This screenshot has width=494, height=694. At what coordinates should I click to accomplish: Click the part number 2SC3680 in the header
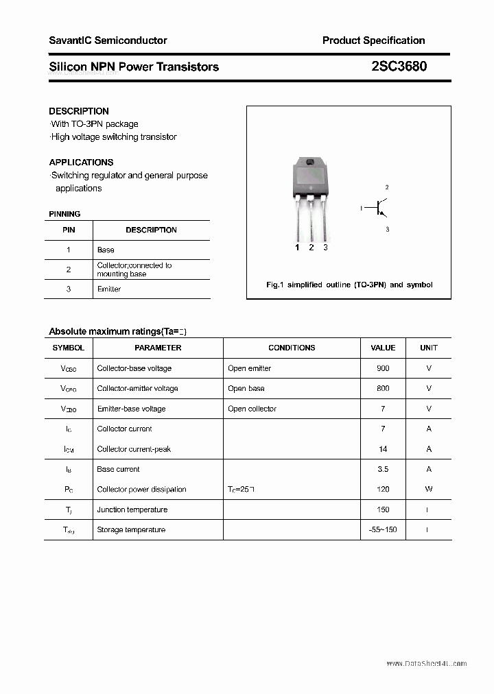399,67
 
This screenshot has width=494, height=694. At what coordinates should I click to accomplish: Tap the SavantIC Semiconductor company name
108,40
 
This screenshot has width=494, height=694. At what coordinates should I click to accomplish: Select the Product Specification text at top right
373,40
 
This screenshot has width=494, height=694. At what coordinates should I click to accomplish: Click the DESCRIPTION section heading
79,111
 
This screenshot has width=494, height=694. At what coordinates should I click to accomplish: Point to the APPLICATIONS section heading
81,163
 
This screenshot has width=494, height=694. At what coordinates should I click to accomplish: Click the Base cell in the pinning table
106,250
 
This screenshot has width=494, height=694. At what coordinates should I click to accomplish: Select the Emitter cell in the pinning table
109,289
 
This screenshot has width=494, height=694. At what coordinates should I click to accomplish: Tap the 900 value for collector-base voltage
383,368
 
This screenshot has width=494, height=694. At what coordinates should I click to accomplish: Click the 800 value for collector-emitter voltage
383,388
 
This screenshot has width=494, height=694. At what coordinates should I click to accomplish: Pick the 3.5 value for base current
383,469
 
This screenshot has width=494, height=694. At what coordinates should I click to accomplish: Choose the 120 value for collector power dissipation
383,489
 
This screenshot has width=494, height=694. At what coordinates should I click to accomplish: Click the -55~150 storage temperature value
383,529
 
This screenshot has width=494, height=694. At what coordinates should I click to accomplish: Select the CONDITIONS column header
292,348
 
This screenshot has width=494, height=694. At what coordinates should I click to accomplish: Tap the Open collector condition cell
252,409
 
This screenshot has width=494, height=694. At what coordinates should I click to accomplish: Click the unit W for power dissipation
429,489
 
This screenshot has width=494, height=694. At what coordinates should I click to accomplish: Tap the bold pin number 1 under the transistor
297,248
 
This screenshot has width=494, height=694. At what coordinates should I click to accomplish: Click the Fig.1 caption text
349,285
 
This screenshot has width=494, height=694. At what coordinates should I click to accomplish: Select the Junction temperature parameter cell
132,510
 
